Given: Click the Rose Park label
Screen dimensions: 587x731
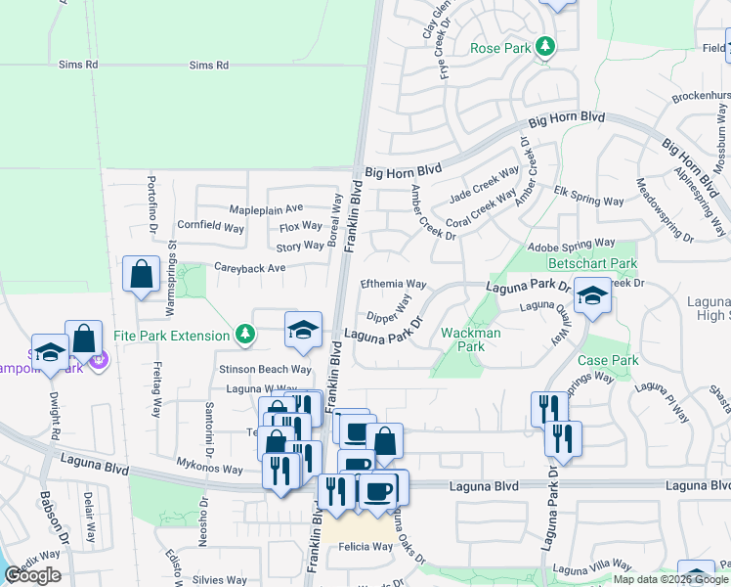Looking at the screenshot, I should click(499, 47).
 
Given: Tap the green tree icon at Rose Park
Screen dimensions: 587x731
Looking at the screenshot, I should click(545, 46).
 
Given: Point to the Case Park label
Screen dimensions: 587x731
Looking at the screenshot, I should click(608, 360).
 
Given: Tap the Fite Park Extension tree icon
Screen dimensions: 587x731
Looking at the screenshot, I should click(245, 336).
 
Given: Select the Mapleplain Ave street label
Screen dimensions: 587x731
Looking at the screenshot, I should click(266, 208).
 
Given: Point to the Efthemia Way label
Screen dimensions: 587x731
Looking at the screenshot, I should click(394, 284).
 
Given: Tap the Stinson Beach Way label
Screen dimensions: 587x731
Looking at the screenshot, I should click(265, 370).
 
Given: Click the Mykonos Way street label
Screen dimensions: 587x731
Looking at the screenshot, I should click(209, 469).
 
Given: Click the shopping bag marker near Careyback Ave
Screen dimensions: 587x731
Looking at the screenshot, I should click(142, 274).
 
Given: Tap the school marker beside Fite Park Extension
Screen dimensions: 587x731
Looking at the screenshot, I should click(303, 330).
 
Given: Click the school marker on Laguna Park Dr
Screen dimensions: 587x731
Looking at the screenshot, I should click(591, 298).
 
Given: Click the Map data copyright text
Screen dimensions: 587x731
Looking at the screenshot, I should click(670, 579).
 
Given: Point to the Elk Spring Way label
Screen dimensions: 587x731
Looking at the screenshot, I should click(588, 202).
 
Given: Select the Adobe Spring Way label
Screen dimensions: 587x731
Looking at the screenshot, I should click(573, 244).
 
